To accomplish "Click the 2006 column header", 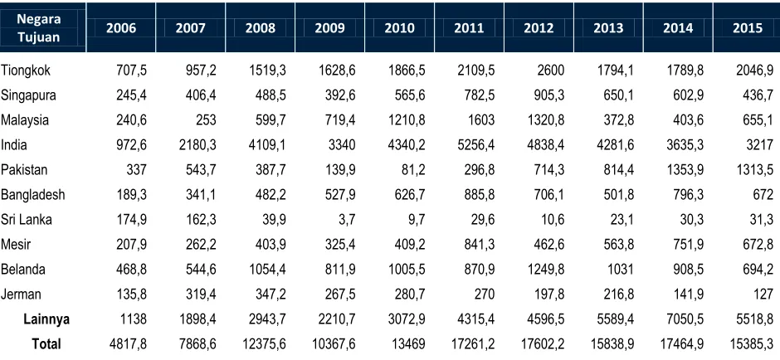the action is [121, 28].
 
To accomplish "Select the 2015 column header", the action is [747, 28].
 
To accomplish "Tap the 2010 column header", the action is [399, 28].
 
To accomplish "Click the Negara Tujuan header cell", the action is [38, 28].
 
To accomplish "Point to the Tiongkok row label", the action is [26, 71].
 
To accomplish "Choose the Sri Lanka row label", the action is [27, 220].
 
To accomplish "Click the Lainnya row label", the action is [46, 319].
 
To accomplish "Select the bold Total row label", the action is [46, 344].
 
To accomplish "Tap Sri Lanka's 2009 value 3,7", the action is [346, 220].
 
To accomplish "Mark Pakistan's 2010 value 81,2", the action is [412, 170].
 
